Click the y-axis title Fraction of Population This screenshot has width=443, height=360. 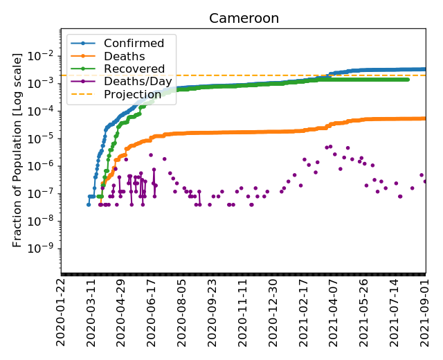(x=18, y=150)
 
